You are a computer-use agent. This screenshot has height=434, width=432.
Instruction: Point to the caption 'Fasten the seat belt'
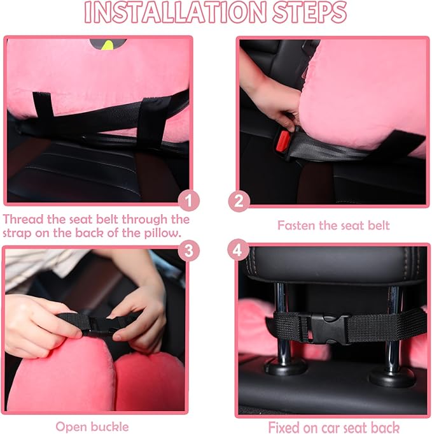click(x=333, y=225)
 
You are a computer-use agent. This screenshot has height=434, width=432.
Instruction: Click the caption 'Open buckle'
click(x=92, y=426)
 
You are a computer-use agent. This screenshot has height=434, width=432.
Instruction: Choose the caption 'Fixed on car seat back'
click(x=333, y=426)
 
